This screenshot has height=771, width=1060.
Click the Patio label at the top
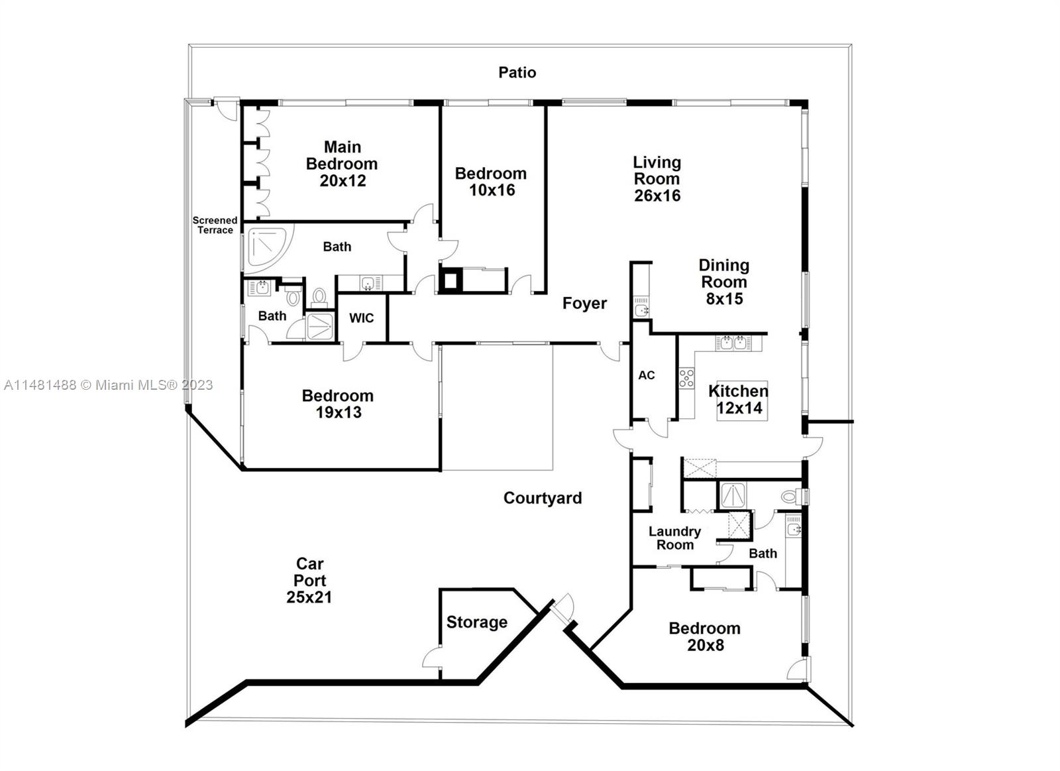pyautogui.click(x=517, y=72)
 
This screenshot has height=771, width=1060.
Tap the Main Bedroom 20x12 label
pyautogui.click(x=342, y=164)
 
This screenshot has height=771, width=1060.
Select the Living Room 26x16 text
pyautogui.click(x=657, y=179)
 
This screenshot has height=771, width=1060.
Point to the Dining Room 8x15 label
pyautogui.click(x=723, y=282)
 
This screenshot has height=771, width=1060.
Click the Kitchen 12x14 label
pyautogui.click(x=738, y=399)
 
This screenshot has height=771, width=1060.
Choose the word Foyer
pyautogui.click(x=584, y=304)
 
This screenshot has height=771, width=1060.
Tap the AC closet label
pyautogui.click(x=647, y=375)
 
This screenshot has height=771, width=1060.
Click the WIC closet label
pyautogui.click(x=361, y=318)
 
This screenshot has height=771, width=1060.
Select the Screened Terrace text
pyautogui.click(x=215, y=225)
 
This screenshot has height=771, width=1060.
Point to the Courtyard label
pyautogui.click(x=543, y=498)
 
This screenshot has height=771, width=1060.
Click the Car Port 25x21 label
pyautogui.click(x=309, y=580)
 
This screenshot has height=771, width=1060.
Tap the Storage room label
pyautogui.click(x=476, y=623)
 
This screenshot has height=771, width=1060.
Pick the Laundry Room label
pyautogui.click(x=674, y=538)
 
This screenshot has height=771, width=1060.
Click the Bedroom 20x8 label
pyautogui.click(x=704, y=636)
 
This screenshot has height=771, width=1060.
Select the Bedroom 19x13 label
pyautogui.click(x=338, y=404)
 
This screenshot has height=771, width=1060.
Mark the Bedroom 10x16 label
pyautogui.click(x=491, y=182)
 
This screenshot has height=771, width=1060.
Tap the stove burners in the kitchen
pyautogui.click(x=686, y=379)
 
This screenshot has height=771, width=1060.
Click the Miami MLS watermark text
pyautogui.click(x=108, y=385)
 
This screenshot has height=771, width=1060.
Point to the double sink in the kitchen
pyautogui.click(x=733, y=343)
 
